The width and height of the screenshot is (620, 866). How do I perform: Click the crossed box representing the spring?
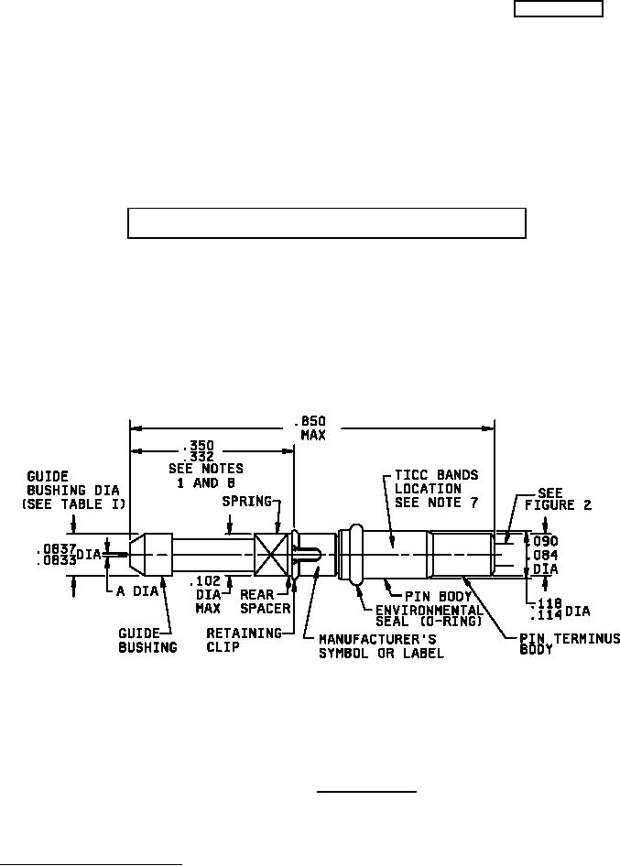tap(272, 554)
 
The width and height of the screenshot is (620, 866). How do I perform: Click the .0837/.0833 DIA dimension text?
tap(68, 555)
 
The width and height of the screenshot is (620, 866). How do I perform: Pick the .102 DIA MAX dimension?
tap(208, 592)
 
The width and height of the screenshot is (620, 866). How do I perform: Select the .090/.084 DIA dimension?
tap(546, 553)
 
